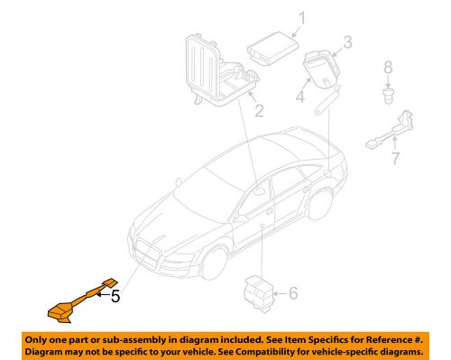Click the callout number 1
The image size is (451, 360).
(x=302, y=17)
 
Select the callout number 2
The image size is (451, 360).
(x=258, y=112)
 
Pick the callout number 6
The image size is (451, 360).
(x=291, y=293)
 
